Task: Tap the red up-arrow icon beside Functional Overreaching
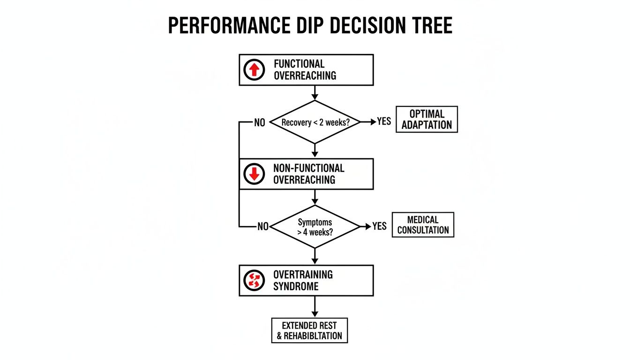coord(254,70)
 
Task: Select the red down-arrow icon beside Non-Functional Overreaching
coord(254,174)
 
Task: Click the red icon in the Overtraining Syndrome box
coord(254,280)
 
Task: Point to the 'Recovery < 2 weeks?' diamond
coord(315,122)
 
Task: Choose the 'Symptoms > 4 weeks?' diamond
coord(315,226)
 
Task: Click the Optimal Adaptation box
coord(427,119)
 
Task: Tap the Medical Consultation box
coord(423,225)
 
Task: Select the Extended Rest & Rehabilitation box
coord(309,330)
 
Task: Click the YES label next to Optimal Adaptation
coord(384,122)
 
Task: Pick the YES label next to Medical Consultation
coord(379,226)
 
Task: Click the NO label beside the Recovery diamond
coord(259,123)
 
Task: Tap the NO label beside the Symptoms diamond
coord(263,227)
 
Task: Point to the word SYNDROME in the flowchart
coord(295,286)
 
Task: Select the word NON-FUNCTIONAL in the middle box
coord(308,168)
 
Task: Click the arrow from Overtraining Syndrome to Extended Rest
coord(315,307)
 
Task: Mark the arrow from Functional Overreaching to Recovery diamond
coord(315,93)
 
